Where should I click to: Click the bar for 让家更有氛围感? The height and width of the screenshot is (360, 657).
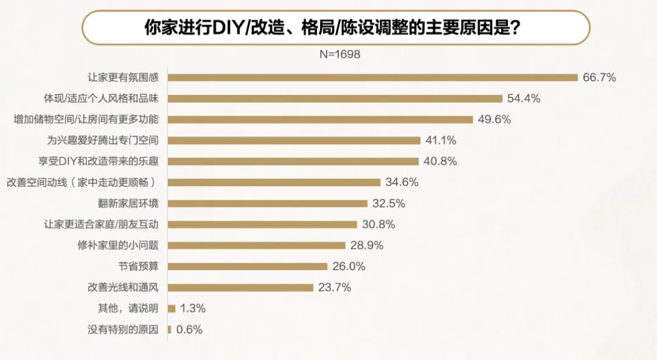tap(372, 77)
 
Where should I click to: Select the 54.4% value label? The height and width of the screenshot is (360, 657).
tap(524, 99)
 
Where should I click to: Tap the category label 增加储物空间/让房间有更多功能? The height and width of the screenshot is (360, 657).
tap(86, 119)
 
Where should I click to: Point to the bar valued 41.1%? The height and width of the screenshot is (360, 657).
tap(294, 140)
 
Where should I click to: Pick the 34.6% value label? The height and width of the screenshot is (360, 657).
tap(401, 182)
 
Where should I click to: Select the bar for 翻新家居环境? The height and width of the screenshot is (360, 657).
tap(268, 203)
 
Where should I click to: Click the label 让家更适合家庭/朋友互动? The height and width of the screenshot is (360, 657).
tap(102, 224)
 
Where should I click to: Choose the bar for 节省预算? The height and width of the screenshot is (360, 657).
tap(248, 266)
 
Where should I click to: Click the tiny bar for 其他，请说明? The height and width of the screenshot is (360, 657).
tap(172, 308)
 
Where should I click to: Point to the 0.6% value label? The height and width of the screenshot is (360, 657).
tap(189, 330)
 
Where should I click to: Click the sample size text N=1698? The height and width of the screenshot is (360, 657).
tap(340, 54)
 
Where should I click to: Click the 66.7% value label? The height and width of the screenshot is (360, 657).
tap(599, 77)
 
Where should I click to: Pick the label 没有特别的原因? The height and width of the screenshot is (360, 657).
tap(123, 330)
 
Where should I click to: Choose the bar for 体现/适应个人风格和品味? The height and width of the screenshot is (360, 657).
tap(335, 99)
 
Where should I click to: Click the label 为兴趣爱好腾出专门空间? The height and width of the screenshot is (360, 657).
tap(102, 140)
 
